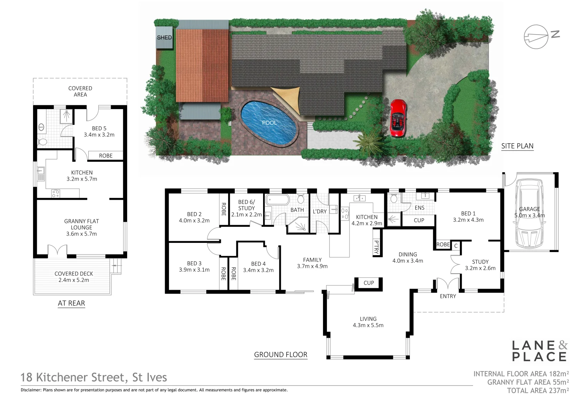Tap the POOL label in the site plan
(269, 123)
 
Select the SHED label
(164, 38)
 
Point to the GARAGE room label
(529, 209)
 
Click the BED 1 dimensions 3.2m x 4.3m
(468, 220)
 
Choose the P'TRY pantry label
(376, 247)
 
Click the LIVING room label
(368, 319)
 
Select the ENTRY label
(448, 296)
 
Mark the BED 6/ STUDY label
(246, 205)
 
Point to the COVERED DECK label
(74, 274)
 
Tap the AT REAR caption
(71, 303)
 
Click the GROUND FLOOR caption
(281, 355)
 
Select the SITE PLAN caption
(517, 146)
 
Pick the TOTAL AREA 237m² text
(538, 391)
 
